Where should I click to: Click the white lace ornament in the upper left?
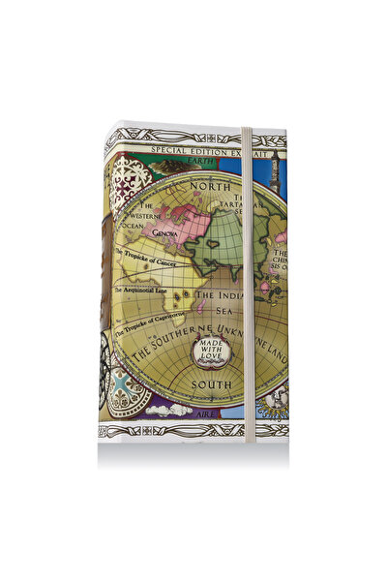click(x=126, y=180)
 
